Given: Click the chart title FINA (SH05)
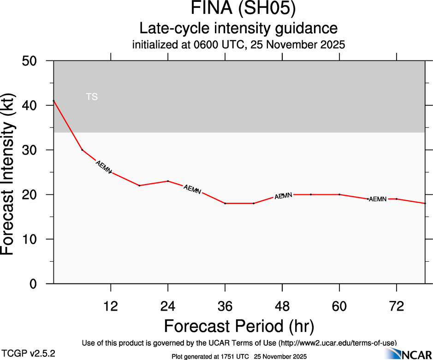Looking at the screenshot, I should [238, 9].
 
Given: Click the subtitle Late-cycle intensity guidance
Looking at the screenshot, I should [238, 28].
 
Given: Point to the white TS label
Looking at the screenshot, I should [92, 97].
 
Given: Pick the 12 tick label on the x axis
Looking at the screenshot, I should [111, 306].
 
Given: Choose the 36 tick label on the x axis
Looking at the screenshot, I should [225, 306].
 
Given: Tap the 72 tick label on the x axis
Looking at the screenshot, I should [397, 306].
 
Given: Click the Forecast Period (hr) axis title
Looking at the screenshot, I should [239, 326].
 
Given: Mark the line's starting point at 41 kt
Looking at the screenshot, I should [54, 101].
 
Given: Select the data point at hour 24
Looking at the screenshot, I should [168, 181].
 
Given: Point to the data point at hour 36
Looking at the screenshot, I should [225, 203].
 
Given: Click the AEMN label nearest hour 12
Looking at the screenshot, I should [103, 167].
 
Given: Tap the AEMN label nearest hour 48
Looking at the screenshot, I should [283, 196].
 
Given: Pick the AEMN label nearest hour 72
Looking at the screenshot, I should [378, 199].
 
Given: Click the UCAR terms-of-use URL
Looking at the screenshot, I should [338, 343].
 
